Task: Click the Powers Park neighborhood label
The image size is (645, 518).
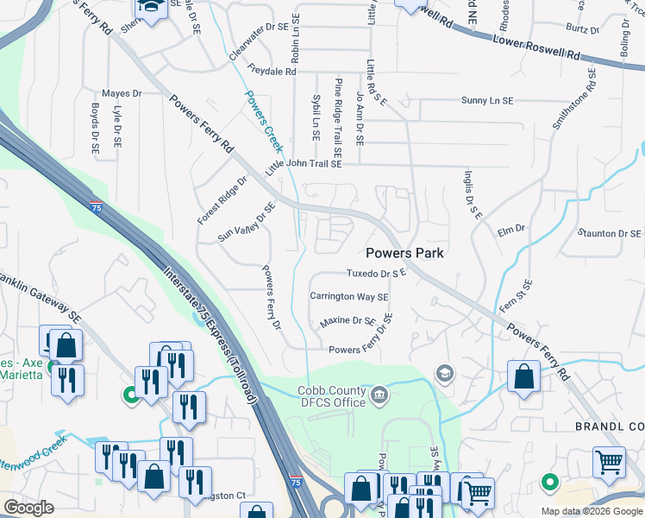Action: (x=404, y=253)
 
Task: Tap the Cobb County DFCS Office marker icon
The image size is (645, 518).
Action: (x=379, y=395)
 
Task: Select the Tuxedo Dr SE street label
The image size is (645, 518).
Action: (x=376, y=274)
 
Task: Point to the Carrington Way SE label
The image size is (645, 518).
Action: (x=349, y=296)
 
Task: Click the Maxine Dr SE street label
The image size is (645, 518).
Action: (x=348, y=320)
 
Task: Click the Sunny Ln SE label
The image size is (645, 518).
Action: (x=486, y=101)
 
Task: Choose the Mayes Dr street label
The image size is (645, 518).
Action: (x=121, y=93)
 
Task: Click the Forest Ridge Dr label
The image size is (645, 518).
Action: (x=222, y=200)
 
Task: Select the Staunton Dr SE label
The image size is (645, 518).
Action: (x=610, y=234)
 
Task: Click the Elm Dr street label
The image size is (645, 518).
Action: (x=511, y=230)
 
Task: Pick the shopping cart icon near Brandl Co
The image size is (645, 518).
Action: (x=609, y=462)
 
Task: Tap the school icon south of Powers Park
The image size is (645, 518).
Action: (x=445, y=373)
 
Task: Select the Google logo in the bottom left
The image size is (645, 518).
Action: (x=28, y=508)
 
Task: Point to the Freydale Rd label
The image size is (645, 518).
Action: (x=272, y=70)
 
